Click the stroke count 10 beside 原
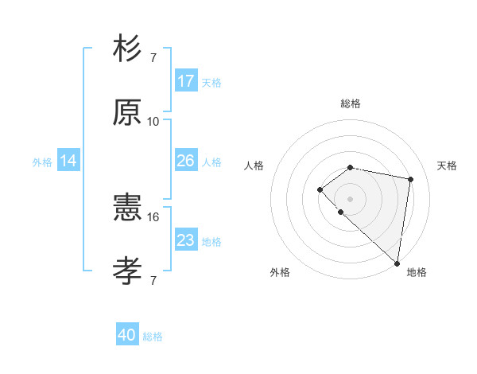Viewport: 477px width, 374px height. point(153,122)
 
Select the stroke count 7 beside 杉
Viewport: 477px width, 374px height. point(153,58)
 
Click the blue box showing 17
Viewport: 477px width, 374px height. point(186,81)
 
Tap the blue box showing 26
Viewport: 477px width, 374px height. point(186,161)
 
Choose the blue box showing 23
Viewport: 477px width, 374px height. point(186,240)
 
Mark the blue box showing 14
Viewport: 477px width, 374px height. point(68,161)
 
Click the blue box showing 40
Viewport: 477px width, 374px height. point(127,335)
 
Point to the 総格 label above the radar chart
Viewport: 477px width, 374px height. point(351,103)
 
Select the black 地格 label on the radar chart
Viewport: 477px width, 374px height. point(417,273)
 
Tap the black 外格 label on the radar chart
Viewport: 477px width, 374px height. point(280,273)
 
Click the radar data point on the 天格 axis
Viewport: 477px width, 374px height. point(411,179)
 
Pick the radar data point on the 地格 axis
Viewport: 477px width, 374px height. point(397,263)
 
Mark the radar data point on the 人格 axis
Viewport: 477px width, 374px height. point(320,189)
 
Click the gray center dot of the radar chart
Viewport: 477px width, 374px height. point(350,199)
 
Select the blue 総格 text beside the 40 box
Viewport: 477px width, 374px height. point(153,337)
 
